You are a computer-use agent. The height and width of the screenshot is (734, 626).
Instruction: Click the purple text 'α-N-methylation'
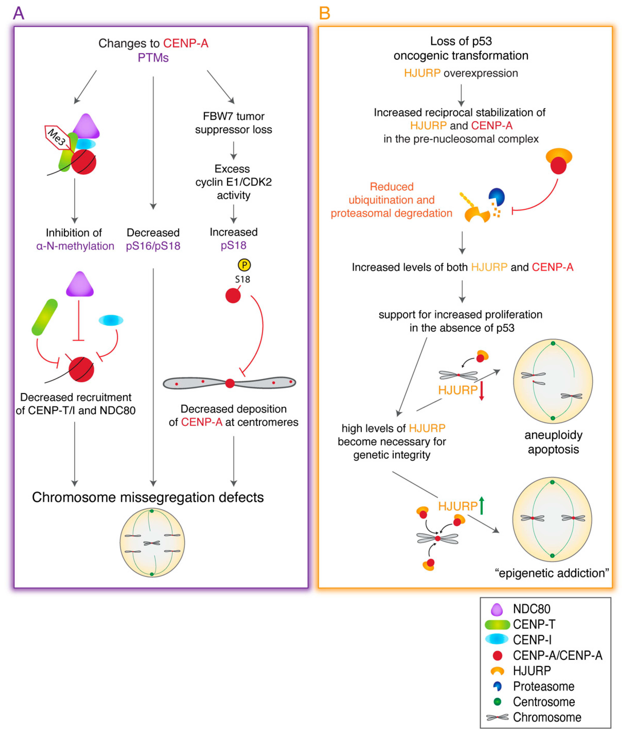click(x=75, y=246)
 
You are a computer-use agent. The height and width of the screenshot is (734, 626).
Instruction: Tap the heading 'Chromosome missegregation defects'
click(x=148, y=497)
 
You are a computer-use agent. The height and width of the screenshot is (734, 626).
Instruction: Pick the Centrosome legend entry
click(x=543, y=702)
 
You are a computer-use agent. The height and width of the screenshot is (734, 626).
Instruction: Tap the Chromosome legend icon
click(x=497, y=717)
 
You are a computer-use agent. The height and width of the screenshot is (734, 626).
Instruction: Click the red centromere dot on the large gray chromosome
click(x=230, y=383)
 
